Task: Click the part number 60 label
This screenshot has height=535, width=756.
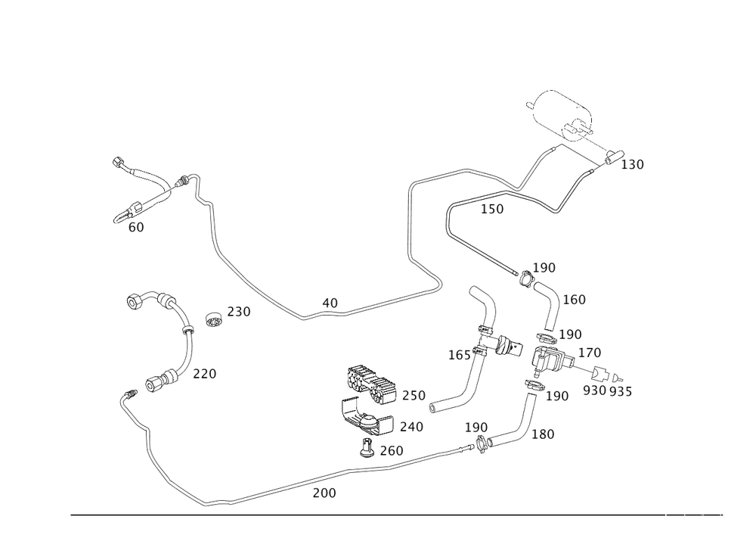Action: pyautogui.click(x=137, y=226)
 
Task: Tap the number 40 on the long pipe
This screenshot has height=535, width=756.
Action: pyautogui.click(x=330, y=303)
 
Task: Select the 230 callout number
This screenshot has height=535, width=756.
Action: pyautogui.click(x=239, y=311)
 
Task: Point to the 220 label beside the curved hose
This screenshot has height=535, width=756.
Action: pyautogui.click(x=204, y=374)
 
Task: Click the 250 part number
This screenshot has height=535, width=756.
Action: pyautogui.click(x=414, y=395)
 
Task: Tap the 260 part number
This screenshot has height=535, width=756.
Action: pyautogui.click(x=391, y=450)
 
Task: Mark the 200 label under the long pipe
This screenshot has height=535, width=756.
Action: pyautogui.click(x=324, y=493)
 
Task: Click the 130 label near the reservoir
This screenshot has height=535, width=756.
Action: pyautogui.click(x=632, y=164)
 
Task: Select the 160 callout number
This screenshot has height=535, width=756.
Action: pyautogui.click(x=575, y=300)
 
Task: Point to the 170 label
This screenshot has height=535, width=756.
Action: pyautogui.click(x=589, y=353)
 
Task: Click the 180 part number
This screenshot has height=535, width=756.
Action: pyautogui.click(x=544, y=434)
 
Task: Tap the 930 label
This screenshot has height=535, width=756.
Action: pyautogui.click(x=595, y=390)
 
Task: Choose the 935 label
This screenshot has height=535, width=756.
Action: pyautogui.click(x=621, y=390)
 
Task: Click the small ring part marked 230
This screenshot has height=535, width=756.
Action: pyautogui.click(x=214, y=320)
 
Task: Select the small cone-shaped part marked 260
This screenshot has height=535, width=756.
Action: pyautogui.click(x=368, y=450)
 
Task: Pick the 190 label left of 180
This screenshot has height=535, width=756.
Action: pyautogui.click(x=477, y=428)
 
